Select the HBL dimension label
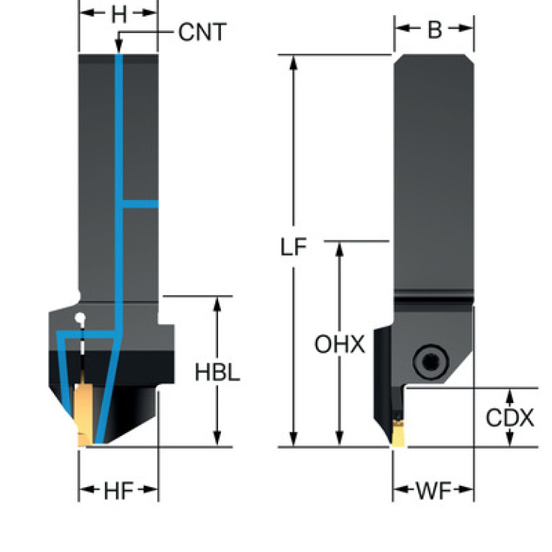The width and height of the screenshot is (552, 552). click(217, 373)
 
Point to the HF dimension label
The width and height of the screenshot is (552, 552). click(118, 491)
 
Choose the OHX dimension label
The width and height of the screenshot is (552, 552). click(340, 344)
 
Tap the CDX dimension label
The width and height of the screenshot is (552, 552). click(510, 418)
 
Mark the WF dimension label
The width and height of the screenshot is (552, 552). click(433, 491)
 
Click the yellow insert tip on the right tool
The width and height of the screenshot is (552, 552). click(397, 438)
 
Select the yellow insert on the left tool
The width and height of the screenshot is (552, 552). click(82, 414)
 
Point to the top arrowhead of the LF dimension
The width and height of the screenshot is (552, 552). click(293, 60)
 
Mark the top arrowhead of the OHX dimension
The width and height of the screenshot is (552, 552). click(340, 248)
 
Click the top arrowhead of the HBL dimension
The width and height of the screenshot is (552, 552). click(217, 303)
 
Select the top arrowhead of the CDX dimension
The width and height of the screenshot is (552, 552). click(510, 394)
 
